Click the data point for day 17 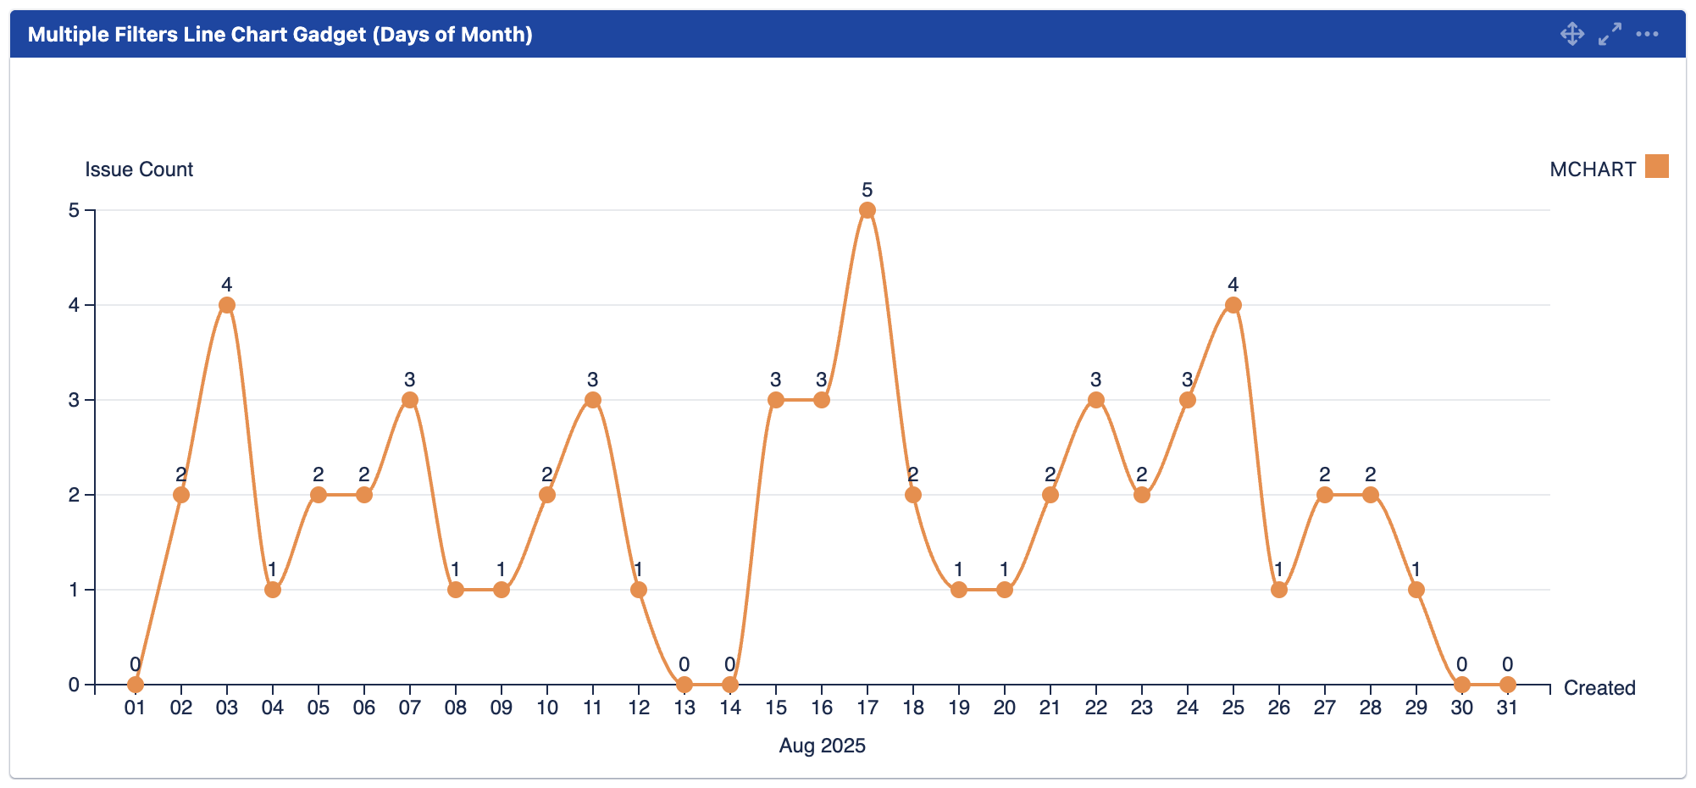(867, 210)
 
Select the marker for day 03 (226, 305)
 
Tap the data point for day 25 (1233, 305)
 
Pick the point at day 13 (684, 684)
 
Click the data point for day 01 (135, 684)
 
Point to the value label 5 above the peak (867, 190)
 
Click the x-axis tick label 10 (547, 708)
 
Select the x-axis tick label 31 (1507, 708)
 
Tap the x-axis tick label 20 (1004, 708)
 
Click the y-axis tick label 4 (74, 305)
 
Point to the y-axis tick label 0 (74, 685)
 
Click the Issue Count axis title (139, 169)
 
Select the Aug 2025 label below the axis (822, 746)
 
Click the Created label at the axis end (1599, 688)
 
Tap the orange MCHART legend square (1656, 166)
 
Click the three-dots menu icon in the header (1647, 34)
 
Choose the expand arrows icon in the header (1610, 34)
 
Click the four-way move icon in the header (1572, 34)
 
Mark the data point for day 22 (1095, 400)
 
